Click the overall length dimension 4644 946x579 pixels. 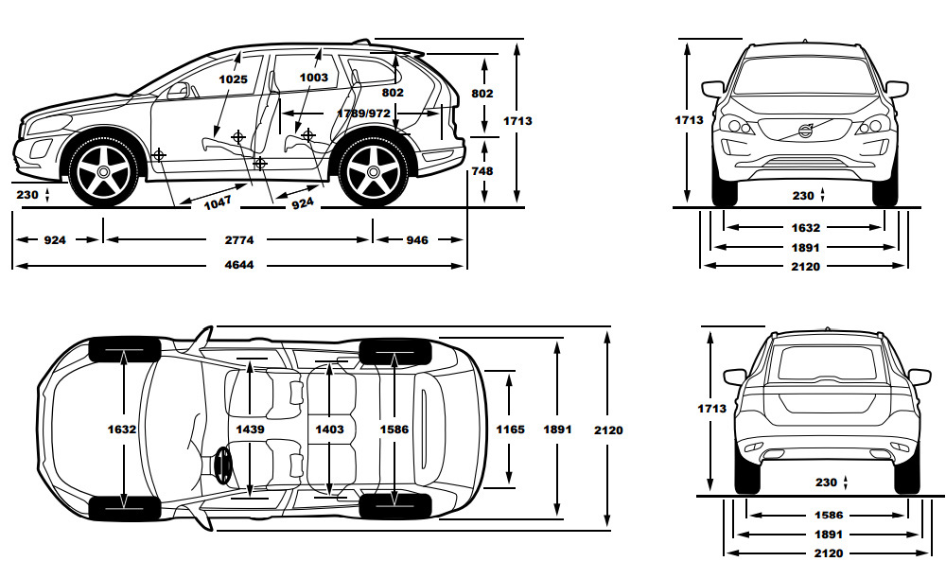pos(239,265)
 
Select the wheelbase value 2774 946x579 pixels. pos(239,240)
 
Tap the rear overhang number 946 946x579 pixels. pos(417,240)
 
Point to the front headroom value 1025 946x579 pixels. pos(234,79)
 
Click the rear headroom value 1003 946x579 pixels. pos(314,78)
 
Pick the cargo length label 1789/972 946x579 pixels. pos(363,114)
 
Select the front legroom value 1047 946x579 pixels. pos(218,203)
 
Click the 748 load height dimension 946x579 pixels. pos(482,171)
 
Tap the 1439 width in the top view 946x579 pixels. pos(250,430)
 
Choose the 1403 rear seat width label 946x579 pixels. pos(329,430)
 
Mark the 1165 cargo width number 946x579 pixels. pos(511,430)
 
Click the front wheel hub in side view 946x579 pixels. pos(104,172)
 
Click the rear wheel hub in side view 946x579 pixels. pos(374,172)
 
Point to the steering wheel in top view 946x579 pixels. pos(222,465)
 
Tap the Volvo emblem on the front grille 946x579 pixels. pos(806,131)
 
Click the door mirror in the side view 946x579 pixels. pos(178,91)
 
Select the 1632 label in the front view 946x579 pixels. pos(806,228)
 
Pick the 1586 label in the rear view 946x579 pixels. pos(829,515)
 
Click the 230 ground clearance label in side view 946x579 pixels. pos(27,195)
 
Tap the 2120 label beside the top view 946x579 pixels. pos(608,430)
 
